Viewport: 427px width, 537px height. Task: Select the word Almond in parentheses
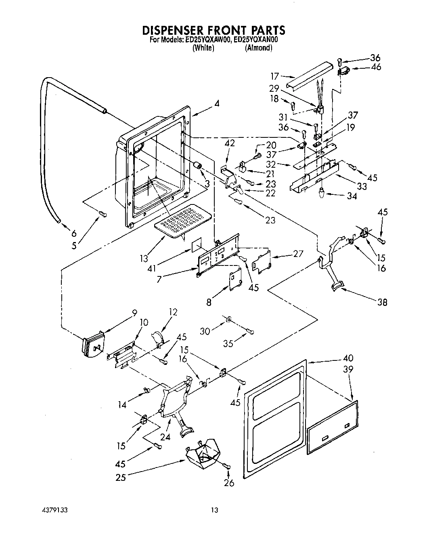[x=259, y=48]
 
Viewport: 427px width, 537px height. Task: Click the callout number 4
[x=217, y=103]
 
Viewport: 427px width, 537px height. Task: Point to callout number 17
[x=275, y=76]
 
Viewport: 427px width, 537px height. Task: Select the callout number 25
[x=120, y=478]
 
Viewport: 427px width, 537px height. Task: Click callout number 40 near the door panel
[x=348, y=358]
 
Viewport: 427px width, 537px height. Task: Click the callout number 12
[x=173, y=312]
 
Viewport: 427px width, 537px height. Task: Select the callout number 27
[x=298, y=254]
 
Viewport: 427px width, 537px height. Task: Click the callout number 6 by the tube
[x=73, y=233]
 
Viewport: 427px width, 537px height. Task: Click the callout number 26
[x=228, y=482]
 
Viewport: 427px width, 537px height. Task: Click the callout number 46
[x=376, y=67]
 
